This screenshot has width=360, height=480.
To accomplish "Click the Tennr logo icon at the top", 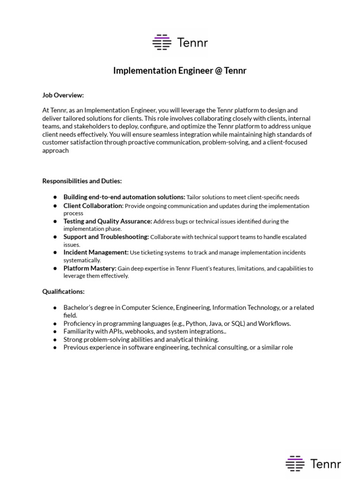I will point(162,42).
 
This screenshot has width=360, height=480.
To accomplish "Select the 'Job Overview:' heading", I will point(63,95).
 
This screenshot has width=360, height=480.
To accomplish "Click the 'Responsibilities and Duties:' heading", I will point(82,181).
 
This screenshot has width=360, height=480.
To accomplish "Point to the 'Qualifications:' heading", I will point(63,292).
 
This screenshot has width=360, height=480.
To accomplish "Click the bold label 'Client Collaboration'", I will point(93,206).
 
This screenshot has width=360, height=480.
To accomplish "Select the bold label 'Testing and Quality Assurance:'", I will point(108,221).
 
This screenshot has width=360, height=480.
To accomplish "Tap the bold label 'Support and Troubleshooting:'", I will point(106,237).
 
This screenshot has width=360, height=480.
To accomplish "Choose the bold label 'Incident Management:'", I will point(96,252).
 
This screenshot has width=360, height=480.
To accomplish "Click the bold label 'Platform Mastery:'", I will point(90,268).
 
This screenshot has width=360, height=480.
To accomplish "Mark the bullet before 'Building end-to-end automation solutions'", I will point(55,197).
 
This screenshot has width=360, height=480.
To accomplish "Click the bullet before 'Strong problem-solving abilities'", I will point(55,339).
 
